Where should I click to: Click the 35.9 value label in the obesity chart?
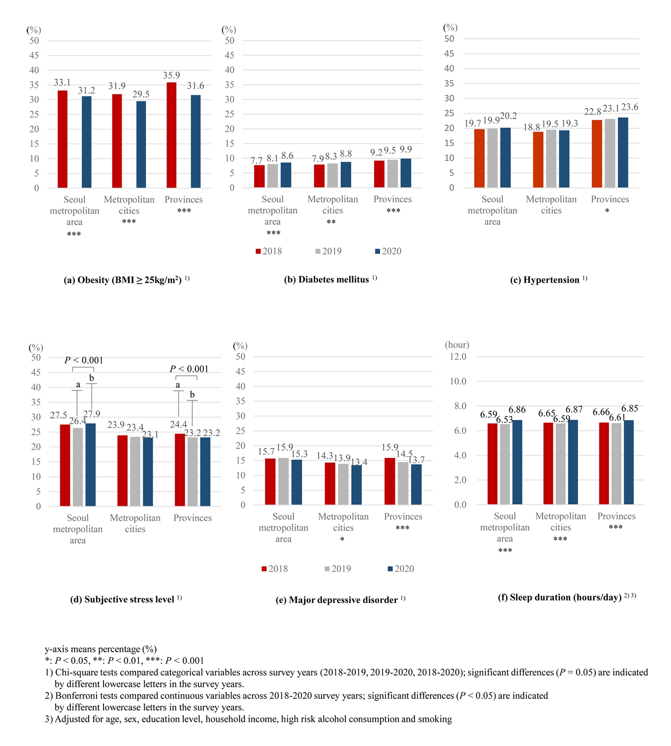171,75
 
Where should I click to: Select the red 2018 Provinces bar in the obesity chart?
171,135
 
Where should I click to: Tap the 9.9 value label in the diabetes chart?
406,149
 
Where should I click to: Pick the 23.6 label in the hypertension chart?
630,107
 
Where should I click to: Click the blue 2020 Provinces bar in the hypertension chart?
623,153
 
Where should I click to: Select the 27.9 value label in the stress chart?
91,414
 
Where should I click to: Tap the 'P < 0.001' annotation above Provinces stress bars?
189,369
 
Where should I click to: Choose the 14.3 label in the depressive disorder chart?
325,456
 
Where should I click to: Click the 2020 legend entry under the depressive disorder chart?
401,569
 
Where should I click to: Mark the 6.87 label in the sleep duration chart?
574,409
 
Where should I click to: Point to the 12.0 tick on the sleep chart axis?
458,357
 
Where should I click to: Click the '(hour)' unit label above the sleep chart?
457,345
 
